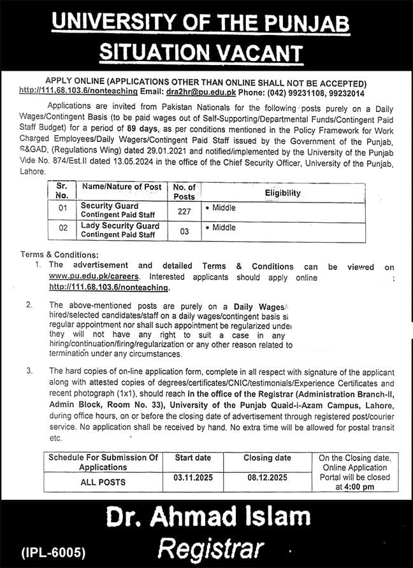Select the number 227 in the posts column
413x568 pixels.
tap(184, 210)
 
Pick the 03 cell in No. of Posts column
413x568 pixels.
tap(184, 232)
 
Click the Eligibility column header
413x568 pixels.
tap(283, 192)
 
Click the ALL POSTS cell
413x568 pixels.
tap(103, 482)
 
